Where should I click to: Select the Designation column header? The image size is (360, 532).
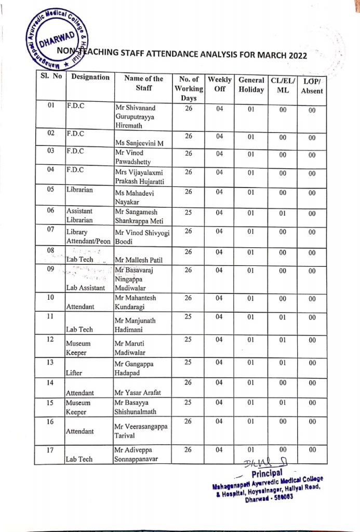(x=90, y=77)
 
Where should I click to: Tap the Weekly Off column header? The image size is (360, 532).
(x=220, y=84)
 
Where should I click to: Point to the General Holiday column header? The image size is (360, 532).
(x=251, y=84)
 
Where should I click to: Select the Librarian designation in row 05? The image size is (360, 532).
(x=79, y=190)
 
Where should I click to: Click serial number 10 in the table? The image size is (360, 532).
(x=51, y=298)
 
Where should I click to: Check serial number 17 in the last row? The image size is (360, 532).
(x=51, y=450)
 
